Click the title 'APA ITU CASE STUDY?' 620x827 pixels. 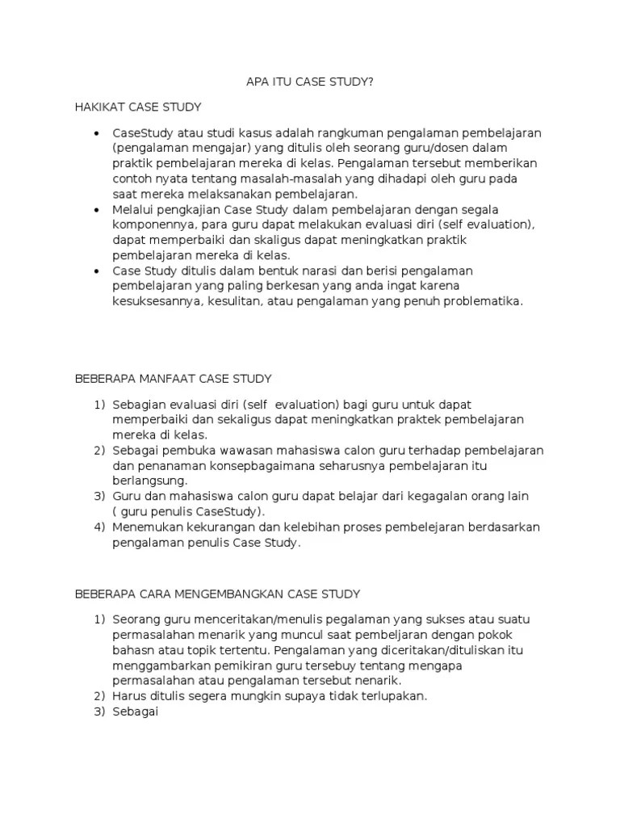tap(309, 82)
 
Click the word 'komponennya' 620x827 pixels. tap(153, 225)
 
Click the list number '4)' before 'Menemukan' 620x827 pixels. tap(99, 527)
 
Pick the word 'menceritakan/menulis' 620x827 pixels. tap(253, 619)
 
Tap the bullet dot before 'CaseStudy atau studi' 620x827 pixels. tap(98, 132)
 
